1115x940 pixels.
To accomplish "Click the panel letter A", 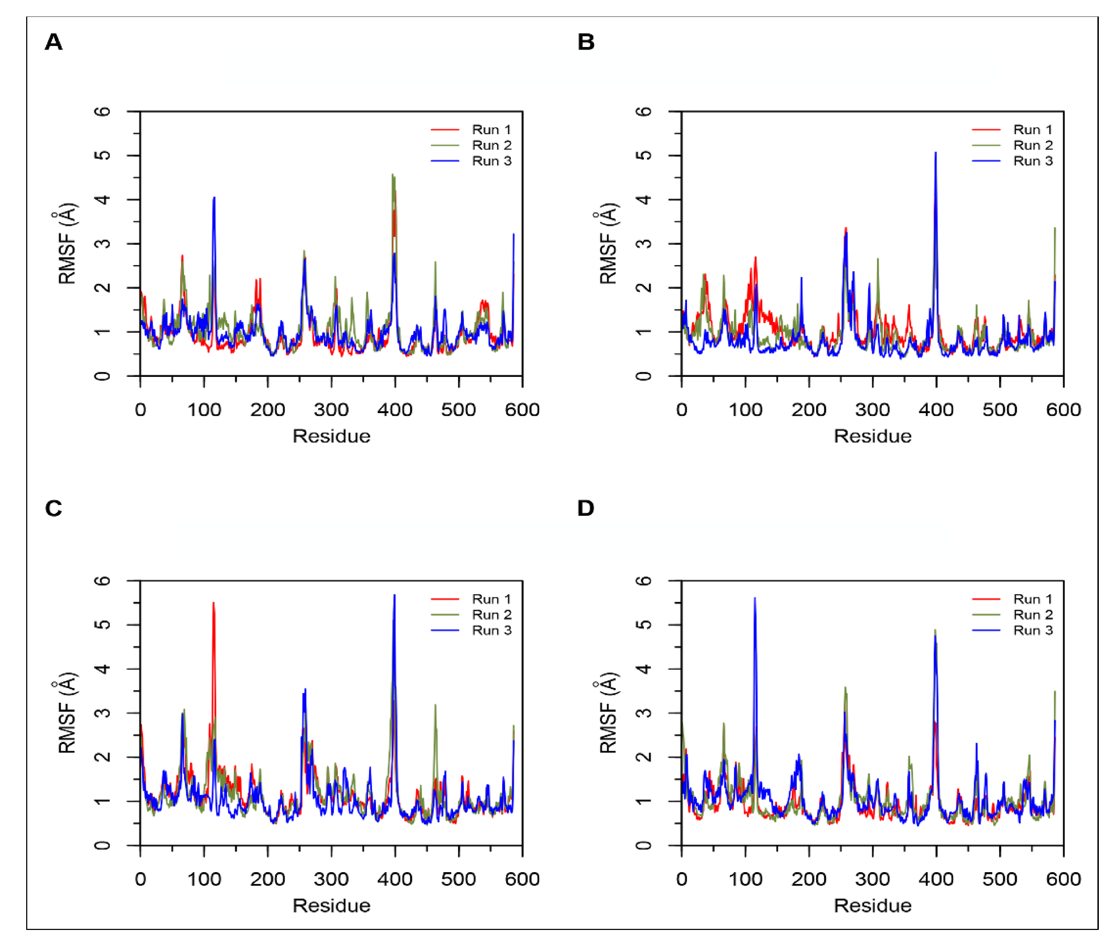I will tap(53, 42).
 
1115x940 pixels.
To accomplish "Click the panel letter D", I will tap(585, 508).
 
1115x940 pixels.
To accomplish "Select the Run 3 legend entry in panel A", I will tap(491, 161).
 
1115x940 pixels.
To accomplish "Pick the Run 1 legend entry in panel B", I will tap(1032, 130).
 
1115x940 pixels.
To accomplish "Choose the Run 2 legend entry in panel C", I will tap(491, 615).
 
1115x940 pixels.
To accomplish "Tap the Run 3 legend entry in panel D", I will tap(1032, 630).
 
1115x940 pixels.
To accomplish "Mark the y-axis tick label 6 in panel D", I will tap(644, 581).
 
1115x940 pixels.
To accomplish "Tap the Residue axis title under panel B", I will tap(872, 436).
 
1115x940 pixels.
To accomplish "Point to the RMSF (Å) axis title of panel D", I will tap(608, 713).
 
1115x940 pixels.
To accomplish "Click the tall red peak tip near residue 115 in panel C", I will tap(213, 603).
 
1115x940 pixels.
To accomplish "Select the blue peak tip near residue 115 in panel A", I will tap(214, 198).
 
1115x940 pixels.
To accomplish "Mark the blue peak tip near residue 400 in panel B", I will tap(936, 153).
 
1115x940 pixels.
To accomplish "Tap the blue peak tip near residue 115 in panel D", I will tap(754, 598).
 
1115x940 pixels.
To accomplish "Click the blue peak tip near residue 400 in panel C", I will tap(394, 595).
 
